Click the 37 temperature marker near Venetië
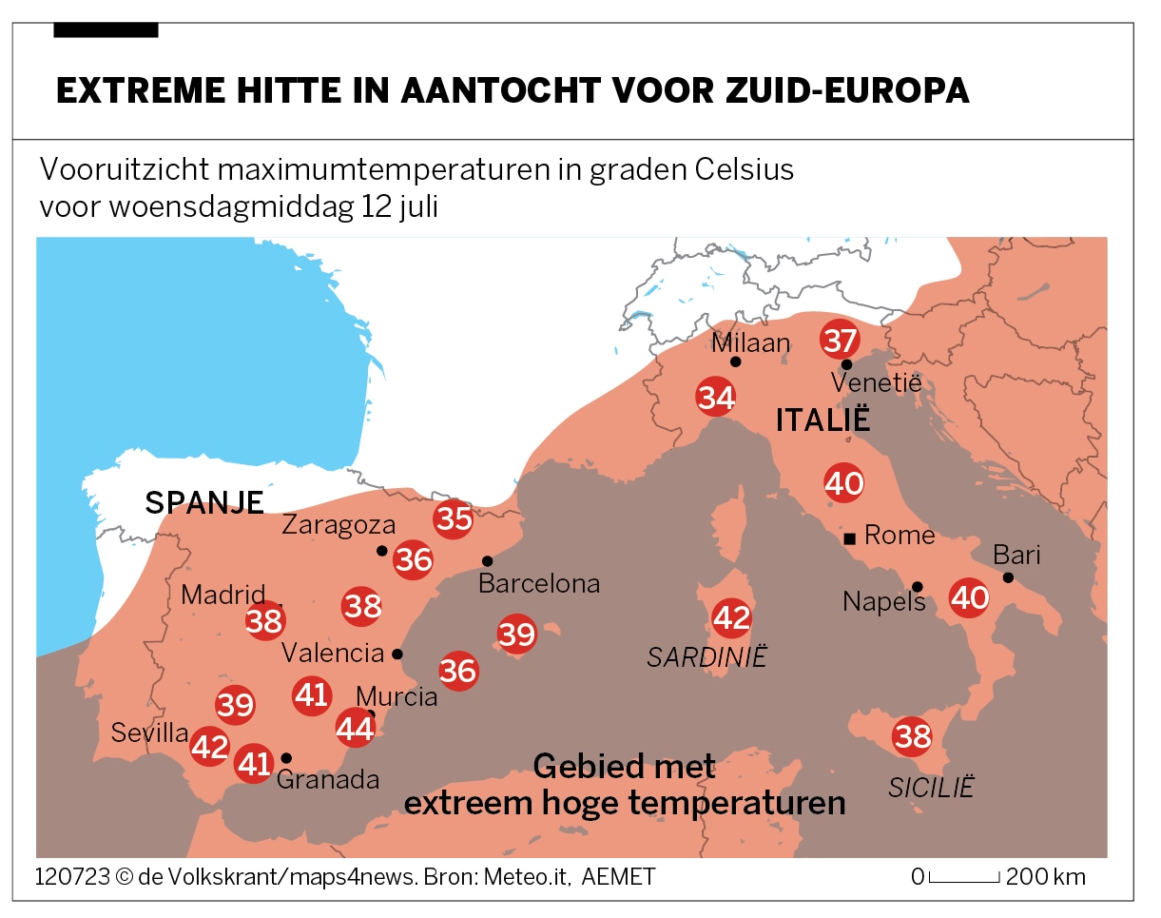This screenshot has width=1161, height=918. point(841,340)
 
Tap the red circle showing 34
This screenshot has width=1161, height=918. point(716,398)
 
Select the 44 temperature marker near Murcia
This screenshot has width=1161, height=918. point(356,729)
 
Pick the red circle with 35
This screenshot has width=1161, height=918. point(454,519)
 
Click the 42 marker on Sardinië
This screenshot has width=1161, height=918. point(731,618)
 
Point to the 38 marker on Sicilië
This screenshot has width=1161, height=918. point(912,736)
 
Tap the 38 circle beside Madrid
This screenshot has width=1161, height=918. point(264,621)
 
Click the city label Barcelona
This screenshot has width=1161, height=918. point(539,583)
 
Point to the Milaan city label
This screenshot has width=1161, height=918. point(750,342)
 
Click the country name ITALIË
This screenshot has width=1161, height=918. point(823,420)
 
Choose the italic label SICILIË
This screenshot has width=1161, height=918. point(932,788)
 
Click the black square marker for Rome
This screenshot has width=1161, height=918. point(850,538)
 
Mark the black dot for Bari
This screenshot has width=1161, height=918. point(1008,577)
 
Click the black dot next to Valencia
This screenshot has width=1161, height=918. point(397,654)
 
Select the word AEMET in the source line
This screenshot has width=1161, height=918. point(618,876)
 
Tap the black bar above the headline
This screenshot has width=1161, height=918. point(106,30)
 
